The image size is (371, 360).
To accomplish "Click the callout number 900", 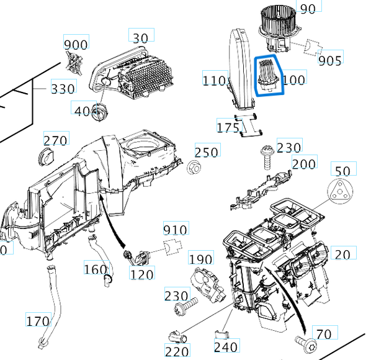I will click(76, 45).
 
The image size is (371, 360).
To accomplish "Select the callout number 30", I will click(141, 37).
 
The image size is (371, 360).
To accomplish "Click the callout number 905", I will click(330, 60).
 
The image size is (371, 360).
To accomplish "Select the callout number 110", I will click(214, 80).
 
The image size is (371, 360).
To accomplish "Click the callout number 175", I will click(228, 127).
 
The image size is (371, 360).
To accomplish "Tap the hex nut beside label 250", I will click(193, 166).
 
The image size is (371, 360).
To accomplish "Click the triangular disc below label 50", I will click(339, 192).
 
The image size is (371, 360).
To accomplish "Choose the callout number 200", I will click(303, 164).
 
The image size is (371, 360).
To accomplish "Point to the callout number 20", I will click(342, 253).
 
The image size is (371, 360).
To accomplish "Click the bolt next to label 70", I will click(303, 341).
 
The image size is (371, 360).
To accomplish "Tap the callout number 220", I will click(177, 352).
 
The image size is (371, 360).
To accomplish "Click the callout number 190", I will click(200, 259).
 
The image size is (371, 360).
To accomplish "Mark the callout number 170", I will click(37, 321).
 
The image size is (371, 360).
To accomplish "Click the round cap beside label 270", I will click(45, 156).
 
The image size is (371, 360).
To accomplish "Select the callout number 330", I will click(63, 89).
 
